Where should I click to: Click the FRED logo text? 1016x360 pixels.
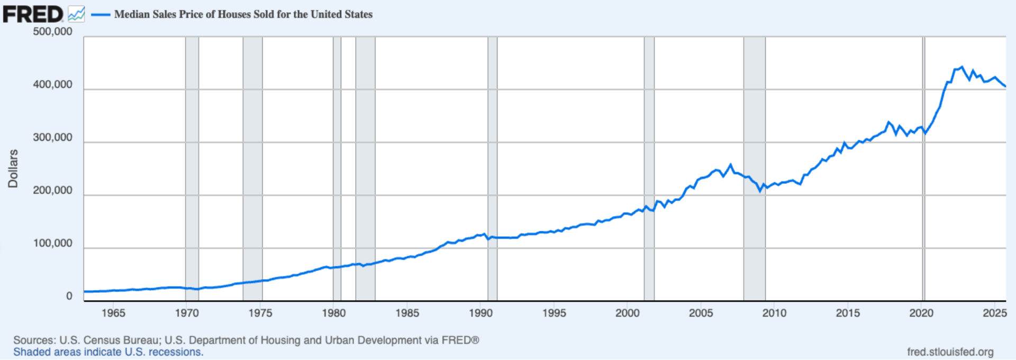click(33, 14)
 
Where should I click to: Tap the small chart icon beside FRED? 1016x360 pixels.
click(76, 14)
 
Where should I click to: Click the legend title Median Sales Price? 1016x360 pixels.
click(243, 14)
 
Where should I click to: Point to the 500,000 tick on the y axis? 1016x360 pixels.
click(52, 32)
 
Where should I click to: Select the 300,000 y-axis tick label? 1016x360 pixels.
click(52, 138)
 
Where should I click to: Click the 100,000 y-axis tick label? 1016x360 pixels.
click(52, 244)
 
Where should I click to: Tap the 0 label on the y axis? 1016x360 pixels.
click(69, 296)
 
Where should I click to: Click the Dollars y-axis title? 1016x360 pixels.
click(13, 168)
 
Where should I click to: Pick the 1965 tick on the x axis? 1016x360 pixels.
click(113, 313)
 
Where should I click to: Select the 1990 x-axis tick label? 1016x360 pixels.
click(480, 313)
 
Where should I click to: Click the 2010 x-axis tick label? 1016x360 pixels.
click(774, 313)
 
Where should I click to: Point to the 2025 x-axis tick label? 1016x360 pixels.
click(994, 313)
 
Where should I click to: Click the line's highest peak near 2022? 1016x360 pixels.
click(962, 67)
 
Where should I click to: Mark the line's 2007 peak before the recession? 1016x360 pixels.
click(731, 165)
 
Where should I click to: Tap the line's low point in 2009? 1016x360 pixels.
click(760, 191)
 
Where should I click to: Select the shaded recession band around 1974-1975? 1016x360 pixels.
click(252, 159)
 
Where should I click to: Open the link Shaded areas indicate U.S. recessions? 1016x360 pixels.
click(108, 352)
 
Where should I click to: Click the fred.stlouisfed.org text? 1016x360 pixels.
click(950, 352)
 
